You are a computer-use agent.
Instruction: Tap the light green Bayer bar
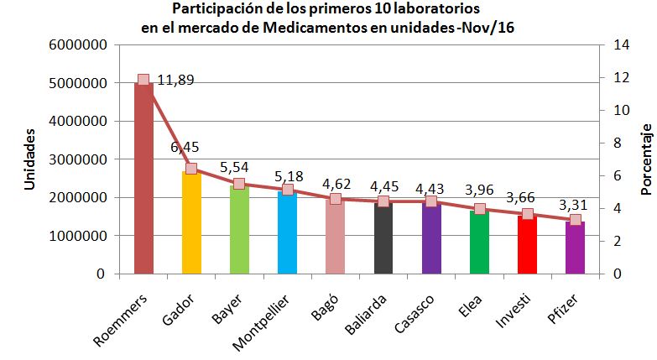point(239,231)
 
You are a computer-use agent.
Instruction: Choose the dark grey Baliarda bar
point(383,239)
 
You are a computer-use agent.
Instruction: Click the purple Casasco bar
point(431,239)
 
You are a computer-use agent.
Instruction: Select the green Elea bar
point(479,243)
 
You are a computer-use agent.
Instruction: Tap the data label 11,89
point(175,81)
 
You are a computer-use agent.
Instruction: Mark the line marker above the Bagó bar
point(336,199)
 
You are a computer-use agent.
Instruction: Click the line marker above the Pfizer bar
point(575,220)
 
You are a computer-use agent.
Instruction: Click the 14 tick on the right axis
point(612,45)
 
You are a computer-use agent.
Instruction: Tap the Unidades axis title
point(29,159)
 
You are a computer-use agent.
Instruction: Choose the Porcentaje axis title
point(646,159)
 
